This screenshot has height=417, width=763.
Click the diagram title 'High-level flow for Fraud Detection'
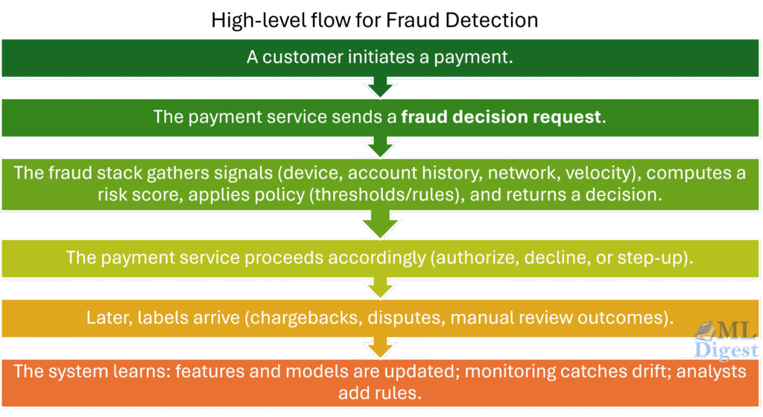click(x=374, y=20)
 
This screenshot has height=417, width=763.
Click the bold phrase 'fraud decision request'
click(x=500, y=117)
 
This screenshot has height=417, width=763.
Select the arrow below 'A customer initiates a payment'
click(x=381, y=87)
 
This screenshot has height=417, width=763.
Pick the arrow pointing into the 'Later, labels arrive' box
click(x=381, y=286)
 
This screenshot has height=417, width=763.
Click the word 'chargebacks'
click(x=319, y=317)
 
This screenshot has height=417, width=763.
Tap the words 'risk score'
click(x=128, y=194)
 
